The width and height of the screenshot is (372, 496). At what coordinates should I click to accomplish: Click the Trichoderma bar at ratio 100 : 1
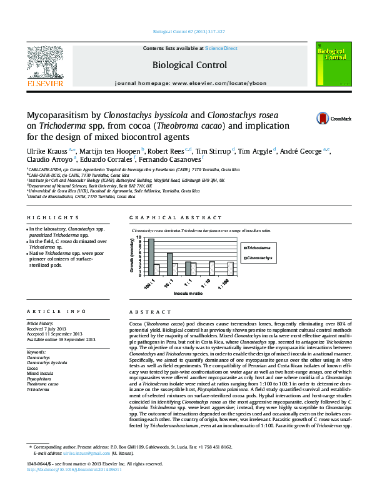151,257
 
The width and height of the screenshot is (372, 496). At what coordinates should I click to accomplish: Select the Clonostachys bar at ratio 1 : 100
231,269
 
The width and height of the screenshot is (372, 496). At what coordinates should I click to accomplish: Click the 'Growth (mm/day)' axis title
133,256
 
